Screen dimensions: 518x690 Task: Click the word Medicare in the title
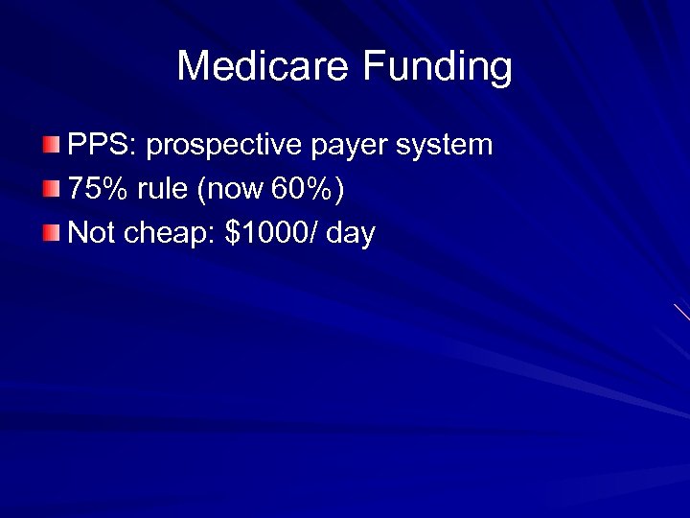pos(264,67)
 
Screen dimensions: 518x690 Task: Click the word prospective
pos(225,147)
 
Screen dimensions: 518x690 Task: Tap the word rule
pos(163,189)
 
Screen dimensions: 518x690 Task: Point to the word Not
pos(92,232)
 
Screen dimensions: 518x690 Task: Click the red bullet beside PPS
pos(51,146)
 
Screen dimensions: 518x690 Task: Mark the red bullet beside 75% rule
pos(51,189)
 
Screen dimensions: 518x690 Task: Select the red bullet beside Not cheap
pos(51,232)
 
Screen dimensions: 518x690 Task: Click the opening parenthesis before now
pos(200,190)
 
